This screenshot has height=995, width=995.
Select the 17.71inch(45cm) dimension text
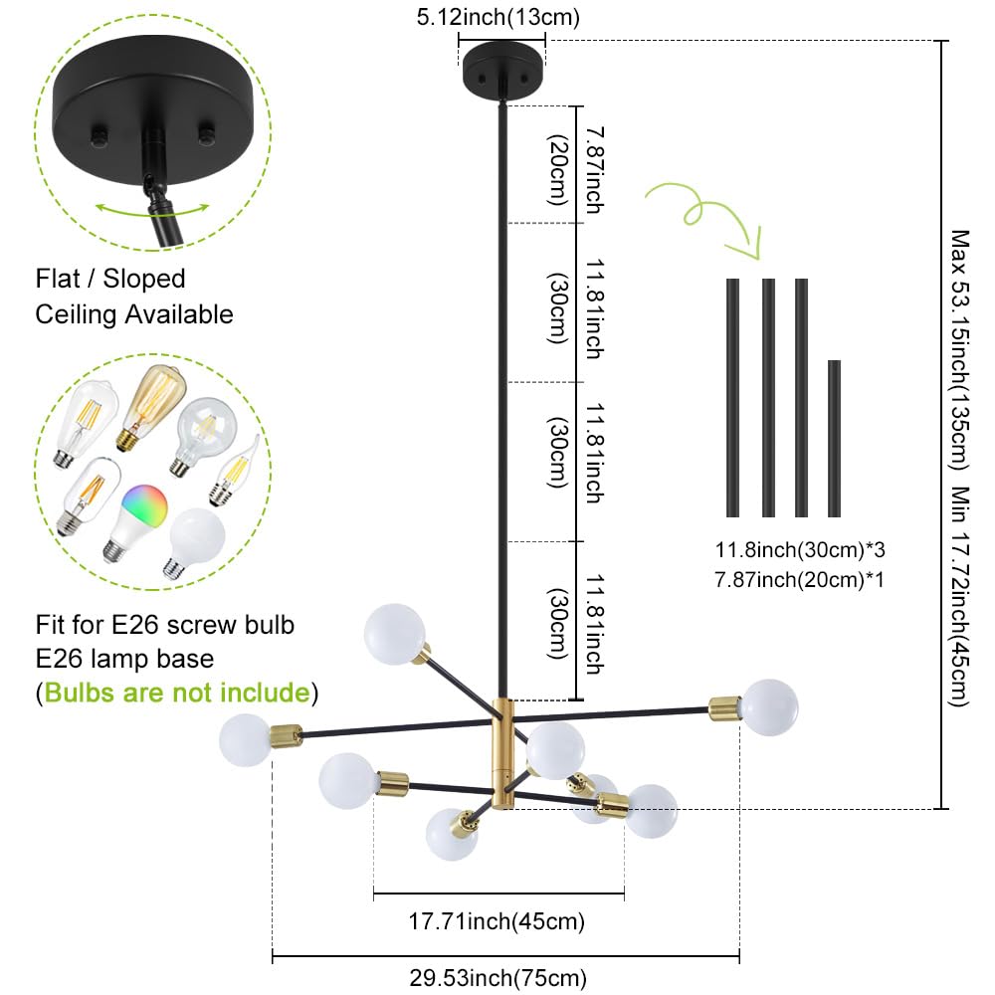(x=498, y=921)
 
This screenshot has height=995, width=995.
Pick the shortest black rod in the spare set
(x=834, y=438)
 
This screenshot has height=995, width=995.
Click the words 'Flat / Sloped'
(x=110, y=279)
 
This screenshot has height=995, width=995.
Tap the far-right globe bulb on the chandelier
(x=769, y=706)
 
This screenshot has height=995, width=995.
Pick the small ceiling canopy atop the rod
(x=501, y=69)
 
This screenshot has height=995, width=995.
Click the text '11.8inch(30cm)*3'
(x=800, y=549)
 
